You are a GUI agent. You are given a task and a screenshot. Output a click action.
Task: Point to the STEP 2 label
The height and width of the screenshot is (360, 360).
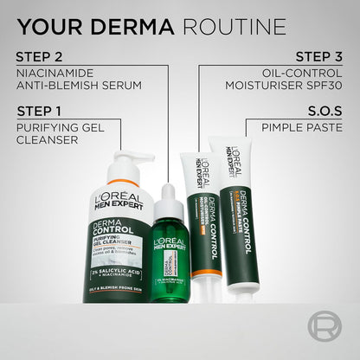point(39,57)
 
